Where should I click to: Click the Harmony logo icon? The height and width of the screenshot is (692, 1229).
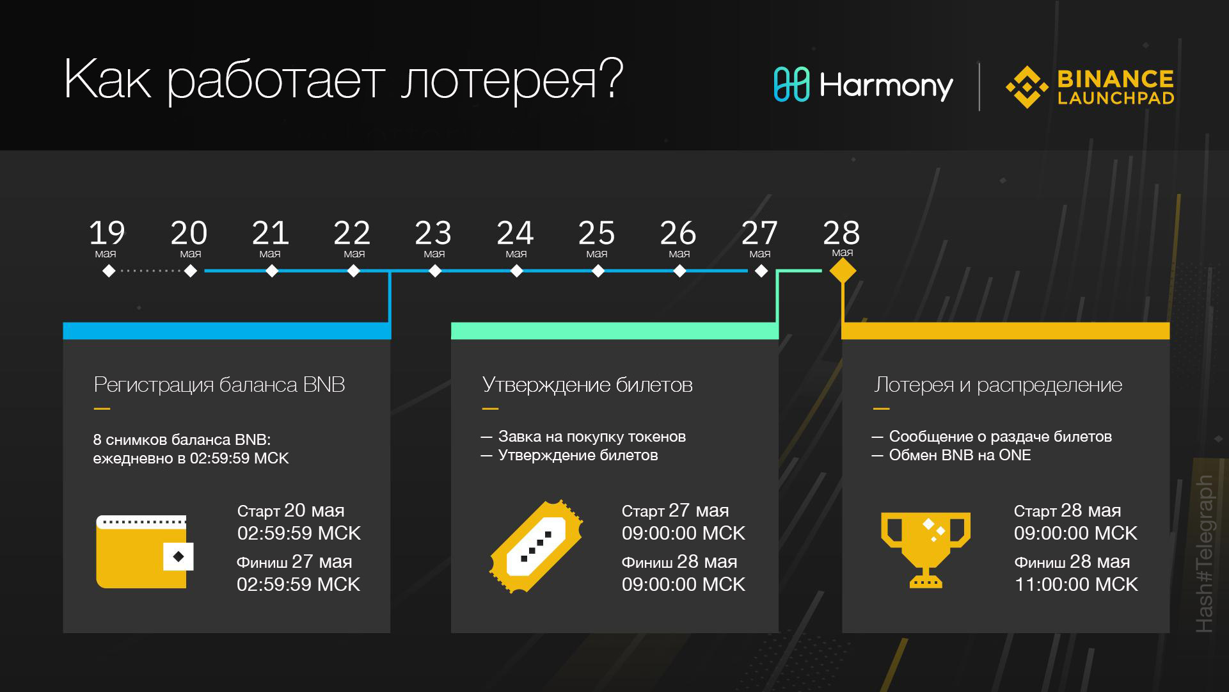pos(791,84)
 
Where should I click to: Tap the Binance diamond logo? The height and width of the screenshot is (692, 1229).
pos(1027,87)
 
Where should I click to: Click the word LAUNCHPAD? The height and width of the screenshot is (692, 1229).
pos(1116,98)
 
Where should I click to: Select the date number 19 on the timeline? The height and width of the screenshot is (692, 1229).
pos(107,232)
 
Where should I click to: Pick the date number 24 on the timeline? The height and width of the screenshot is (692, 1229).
pos(515,232)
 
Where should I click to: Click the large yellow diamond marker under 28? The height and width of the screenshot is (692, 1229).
pos(843,271)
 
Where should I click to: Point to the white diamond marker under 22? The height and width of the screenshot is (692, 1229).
pos(353,271)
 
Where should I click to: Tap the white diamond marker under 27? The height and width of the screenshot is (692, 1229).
pos(761,271)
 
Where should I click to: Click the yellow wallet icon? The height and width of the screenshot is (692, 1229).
pos(145,552)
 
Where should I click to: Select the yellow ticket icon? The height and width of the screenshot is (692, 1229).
pos(536,546)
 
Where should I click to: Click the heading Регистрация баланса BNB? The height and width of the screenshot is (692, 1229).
pos(219,385)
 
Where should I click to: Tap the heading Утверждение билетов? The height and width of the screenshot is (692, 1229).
pos(587,385)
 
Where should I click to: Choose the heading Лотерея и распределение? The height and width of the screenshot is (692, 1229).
pos(998,385)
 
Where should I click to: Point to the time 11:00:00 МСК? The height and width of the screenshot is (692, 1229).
pos(1076,584)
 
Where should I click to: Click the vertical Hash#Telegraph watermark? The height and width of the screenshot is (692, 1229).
pos(1204,554)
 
